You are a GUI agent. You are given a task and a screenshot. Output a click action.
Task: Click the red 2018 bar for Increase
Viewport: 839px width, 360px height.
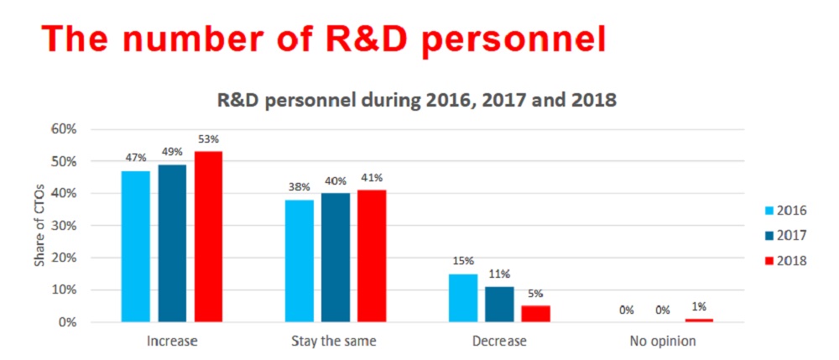(x=208, y=237)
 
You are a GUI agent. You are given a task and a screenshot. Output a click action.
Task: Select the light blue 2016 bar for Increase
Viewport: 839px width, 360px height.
(x=136, y=246)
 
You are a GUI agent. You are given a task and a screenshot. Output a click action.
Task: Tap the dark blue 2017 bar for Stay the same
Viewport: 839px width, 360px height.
(x=336, y=258)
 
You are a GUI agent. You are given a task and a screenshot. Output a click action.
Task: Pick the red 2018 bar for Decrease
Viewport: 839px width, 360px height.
(x=535, y=314)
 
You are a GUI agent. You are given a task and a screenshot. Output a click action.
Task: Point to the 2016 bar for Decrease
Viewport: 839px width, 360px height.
(x=463, y=298)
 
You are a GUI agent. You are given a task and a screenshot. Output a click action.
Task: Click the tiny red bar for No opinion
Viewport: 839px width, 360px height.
(x=699, y=321)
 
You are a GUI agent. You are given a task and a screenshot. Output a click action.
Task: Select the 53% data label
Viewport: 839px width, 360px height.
(x=208, y=139)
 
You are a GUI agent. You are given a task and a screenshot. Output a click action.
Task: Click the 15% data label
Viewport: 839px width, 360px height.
(x=463, y=262)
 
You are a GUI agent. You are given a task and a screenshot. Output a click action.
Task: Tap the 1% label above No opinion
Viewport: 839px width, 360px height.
(x=699, y=307)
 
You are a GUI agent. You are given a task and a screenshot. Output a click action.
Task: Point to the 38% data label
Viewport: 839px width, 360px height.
(x=300, y=187)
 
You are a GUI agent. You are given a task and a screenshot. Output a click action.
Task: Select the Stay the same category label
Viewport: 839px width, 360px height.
(x=333, y=341)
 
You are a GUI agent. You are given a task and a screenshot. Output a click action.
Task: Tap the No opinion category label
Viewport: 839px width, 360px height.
(x=663, y=341)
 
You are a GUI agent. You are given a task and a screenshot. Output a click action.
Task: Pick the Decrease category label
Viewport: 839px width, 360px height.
(x=499, y=341)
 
